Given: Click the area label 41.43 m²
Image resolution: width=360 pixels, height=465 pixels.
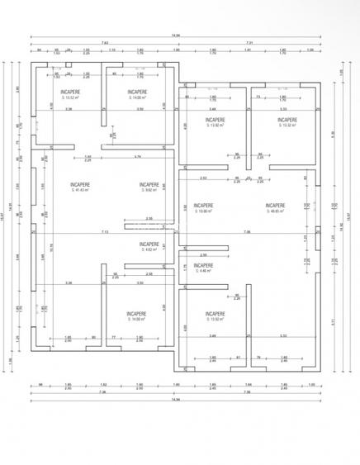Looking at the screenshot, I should (80, 191).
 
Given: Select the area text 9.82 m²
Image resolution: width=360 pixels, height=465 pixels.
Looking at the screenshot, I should (149, 191).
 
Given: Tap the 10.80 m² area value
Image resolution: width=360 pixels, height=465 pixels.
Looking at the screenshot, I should (203, 211).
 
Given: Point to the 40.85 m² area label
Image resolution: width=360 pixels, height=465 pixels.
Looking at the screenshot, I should (275, 211).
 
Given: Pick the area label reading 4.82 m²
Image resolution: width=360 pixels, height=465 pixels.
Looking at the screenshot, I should (149, 250).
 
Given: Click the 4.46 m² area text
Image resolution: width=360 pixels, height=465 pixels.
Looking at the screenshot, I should (203, 272).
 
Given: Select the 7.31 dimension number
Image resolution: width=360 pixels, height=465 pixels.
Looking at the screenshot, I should (248, 43).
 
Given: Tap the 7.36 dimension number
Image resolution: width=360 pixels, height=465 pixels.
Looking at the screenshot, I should (102, 391).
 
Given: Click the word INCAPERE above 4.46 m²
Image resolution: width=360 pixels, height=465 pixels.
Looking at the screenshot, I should (203, 265).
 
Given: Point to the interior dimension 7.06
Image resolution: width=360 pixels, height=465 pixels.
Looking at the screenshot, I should (247, 232).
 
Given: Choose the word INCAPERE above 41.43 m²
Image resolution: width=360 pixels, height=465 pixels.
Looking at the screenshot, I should (80, 184).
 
